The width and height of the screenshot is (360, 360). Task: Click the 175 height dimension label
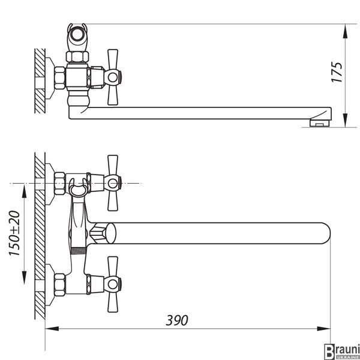click(x=337, y=72)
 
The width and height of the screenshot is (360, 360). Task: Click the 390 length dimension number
click(x=177, y=320)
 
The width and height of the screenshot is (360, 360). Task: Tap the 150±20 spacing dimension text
click(x=14, y=233)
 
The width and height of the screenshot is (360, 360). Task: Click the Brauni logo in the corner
click(x=342, y=351)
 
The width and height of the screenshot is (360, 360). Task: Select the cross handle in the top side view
click(x=113, y=77)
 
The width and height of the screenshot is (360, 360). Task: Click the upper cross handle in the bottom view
click(x=113, y=183)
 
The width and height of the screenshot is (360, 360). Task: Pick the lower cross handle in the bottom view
click(x=113, y=284)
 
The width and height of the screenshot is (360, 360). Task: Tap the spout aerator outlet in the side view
click(x=319, y=123)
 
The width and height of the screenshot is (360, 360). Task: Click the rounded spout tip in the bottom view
click(x=326, y=233)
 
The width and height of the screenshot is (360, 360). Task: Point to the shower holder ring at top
click(x=77, y=35)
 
